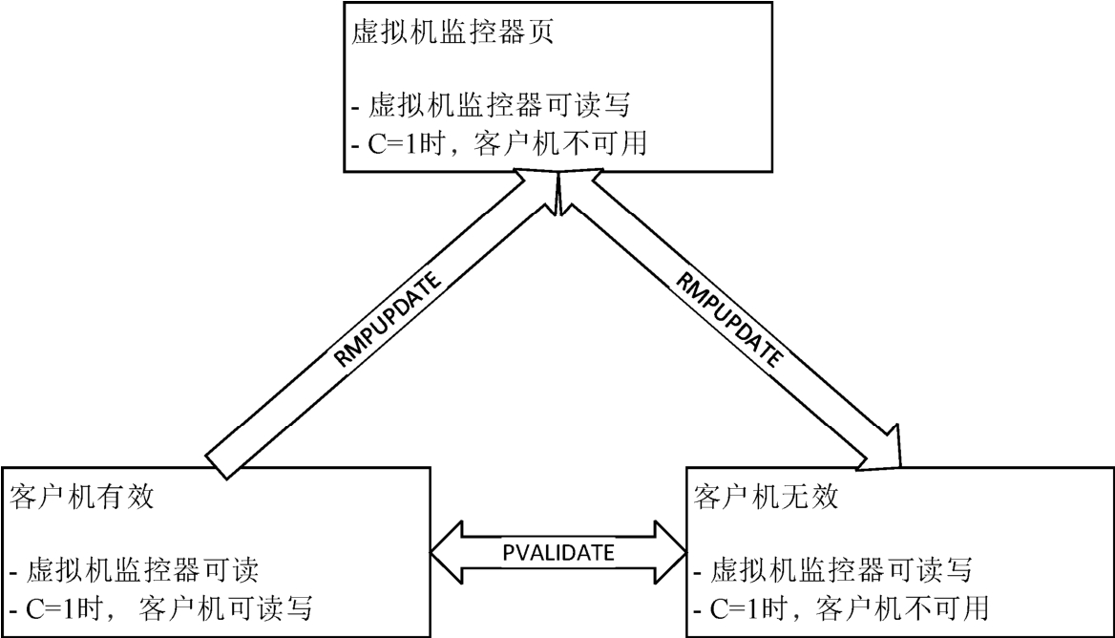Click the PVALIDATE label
[558, 551]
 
